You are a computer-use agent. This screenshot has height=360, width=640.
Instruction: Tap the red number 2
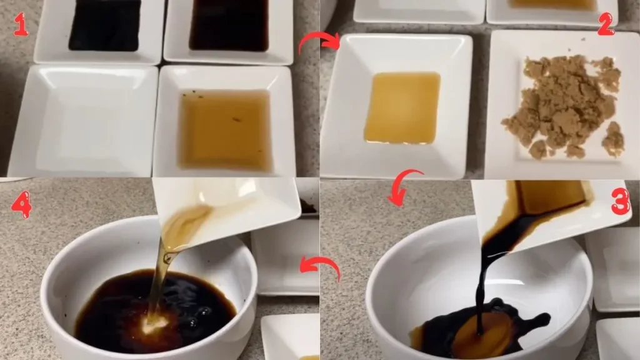click(606, 23)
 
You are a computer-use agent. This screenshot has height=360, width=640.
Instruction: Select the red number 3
click(620, 202)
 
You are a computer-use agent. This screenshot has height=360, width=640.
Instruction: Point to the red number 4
click(21, 204)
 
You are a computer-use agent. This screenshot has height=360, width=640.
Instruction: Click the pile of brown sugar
click(562, 106)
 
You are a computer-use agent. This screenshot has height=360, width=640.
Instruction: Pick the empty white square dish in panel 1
click(84, 119)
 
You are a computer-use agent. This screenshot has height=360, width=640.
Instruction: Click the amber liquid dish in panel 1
click(225, 128)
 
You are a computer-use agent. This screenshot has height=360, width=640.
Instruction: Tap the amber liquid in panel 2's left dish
click(402, 107)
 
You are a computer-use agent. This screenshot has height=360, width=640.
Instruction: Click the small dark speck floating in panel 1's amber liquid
click(237, 119)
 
